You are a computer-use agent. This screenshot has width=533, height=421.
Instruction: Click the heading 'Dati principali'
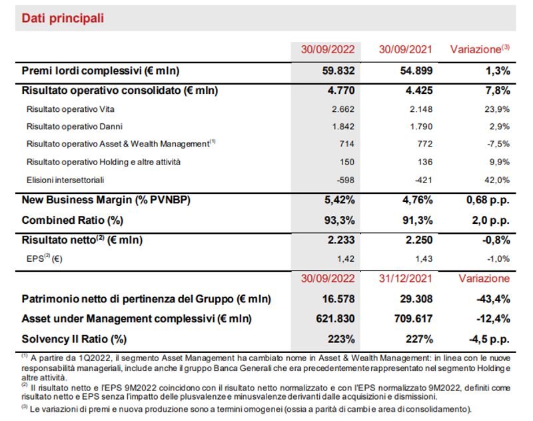click(63, 18)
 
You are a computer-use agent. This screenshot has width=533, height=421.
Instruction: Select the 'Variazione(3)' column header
click(480, 49)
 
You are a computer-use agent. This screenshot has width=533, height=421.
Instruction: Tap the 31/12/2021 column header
click(405, 278)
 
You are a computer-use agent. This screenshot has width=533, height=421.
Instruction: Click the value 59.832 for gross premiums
click(338, 71)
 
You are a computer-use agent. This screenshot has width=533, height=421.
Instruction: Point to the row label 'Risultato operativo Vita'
click(71, 109)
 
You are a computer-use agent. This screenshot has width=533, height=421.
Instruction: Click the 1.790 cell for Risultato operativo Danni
click(421, 127)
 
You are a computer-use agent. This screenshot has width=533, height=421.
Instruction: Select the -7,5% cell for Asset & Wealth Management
click(498, 144)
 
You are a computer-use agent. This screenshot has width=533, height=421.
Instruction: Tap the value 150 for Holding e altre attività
click(346, 162)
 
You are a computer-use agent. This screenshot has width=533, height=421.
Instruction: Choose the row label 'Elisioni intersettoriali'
click(65, 180)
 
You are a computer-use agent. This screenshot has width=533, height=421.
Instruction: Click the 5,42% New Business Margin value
click(339, 200)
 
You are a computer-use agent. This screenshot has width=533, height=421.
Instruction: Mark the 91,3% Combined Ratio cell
click(418, 220)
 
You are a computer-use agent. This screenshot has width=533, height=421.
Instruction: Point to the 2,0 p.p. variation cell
click(491, 220)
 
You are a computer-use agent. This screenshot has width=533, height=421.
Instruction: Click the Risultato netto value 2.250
click(419, 240)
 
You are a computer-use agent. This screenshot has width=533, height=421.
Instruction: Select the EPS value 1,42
click(346, 259)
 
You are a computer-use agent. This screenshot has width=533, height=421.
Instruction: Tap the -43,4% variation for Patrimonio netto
click(493, 299)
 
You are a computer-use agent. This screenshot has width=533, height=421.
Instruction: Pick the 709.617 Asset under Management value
click(413, 318)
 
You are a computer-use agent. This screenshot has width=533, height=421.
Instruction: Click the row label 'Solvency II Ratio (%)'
click(74, 339)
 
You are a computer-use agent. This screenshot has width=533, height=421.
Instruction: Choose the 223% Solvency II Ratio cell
click(341, 339)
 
